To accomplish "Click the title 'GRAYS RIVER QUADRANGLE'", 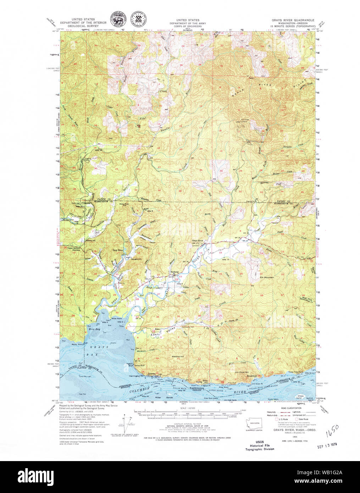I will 293,21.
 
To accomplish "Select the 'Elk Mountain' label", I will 266,277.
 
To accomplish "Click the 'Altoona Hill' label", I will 177,356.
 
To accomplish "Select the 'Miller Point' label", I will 117,318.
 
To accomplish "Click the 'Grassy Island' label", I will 301,397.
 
